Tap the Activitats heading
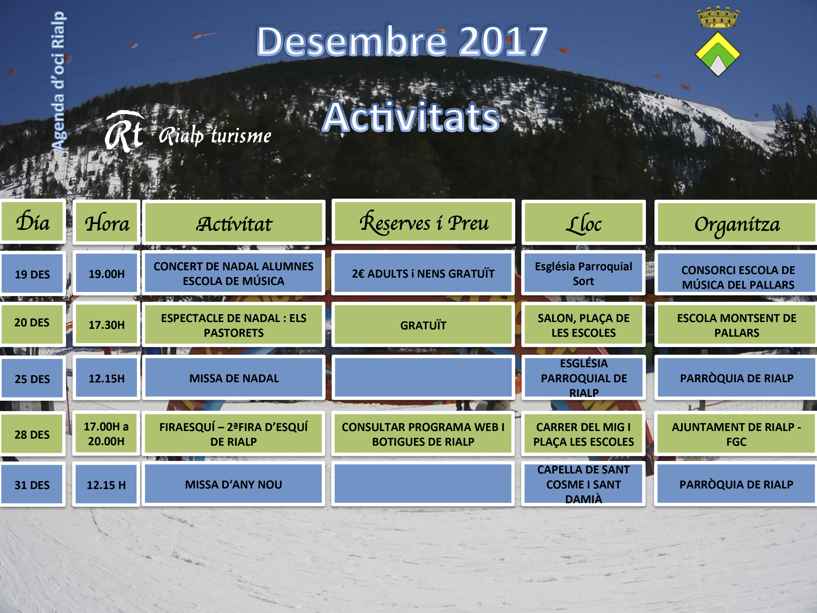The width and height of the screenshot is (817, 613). pos(411,117)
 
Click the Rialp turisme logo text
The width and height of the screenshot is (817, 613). pos(215,136)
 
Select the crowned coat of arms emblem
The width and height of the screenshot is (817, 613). pos(718,41)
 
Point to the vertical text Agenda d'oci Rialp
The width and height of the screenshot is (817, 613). pos(58,81)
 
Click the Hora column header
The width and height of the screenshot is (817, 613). pos(106,222)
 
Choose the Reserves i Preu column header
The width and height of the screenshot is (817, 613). pos(423,222)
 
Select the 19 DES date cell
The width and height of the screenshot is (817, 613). pos(32,274)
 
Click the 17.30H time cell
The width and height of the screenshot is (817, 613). pos(106,324)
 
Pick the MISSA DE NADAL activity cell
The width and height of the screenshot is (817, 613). pos(234,378)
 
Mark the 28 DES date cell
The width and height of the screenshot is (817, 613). pos(32,434)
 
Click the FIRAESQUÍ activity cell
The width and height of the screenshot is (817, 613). pos(233,433)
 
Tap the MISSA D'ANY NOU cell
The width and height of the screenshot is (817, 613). pos(233,484)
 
